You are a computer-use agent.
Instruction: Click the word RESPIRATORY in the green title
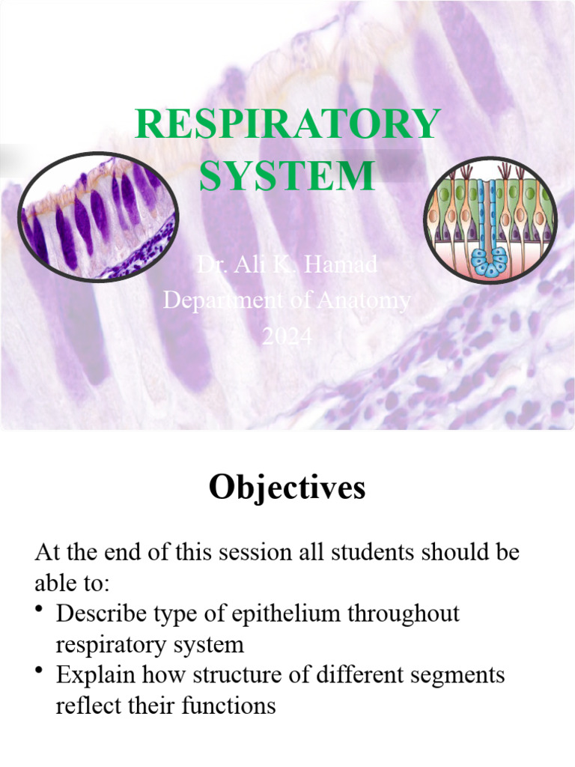(287, 125)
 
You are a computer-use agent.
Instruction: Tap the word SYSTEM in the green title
(287, 175)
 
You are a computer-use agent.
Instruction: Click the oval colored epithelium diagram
(491, 220)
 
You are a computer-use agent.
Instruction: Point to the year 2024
(287, 337)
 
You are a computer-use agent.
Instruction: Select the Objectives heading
(287, 488)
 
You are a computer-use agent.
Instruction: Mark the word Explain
(95, 676)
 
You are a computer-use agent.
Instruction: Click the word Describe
(100, 614)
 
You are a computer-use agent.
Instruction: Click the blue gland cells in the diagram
(490, 263)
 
